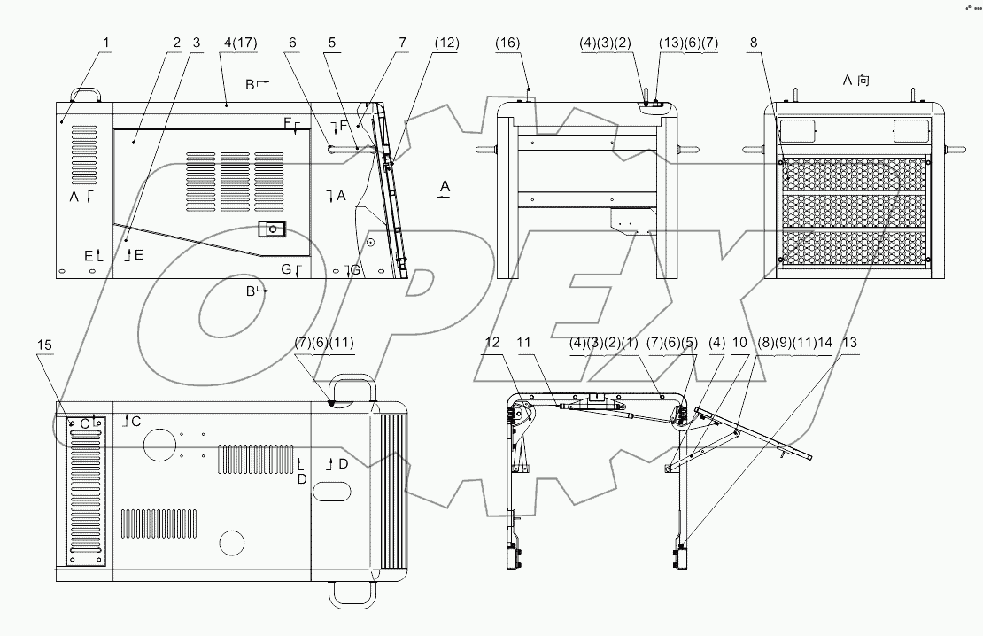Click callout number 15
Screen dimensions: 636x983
[x=45, y=344]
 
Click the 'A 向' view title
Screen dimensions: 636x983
[x=855, y=81]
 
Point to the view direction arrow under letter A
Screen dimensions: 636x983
[x=445, y=198]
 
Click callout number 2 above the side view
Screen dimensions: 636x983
[x=177, y=42]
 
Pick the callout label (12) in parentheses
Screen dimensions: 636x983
[x=446, y=42]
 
